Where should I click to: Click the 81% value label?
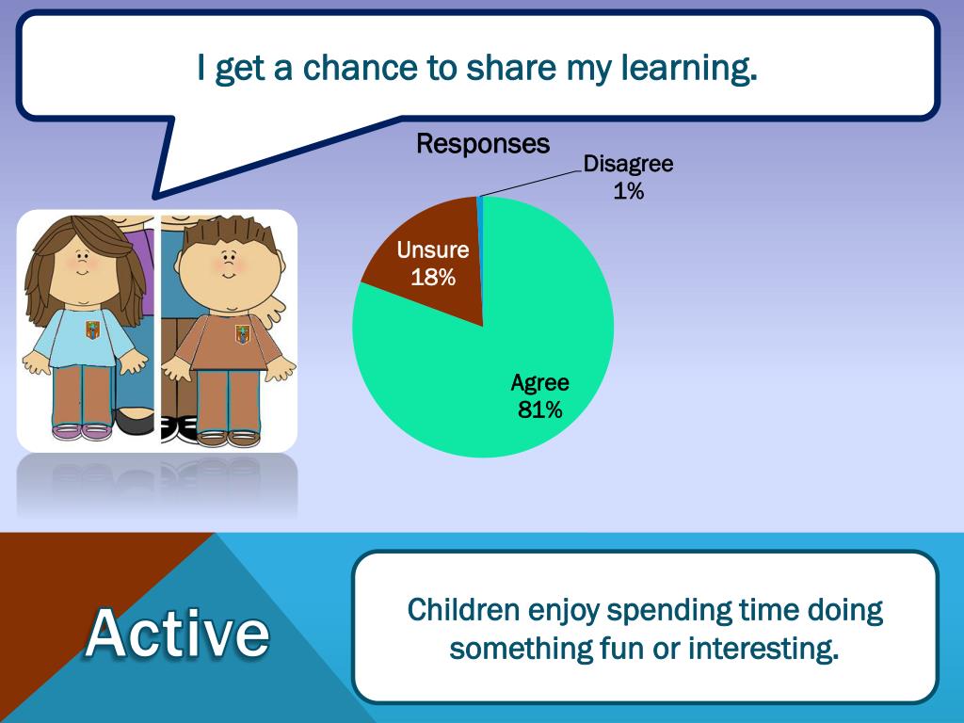pos(539,410)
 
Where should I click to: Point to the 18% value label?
pos(433,278)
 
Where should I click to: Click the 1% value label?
pos(628,191)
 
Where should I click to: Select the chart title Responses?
pos(483,144)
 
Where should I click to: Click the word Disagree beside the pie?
pos(628,164)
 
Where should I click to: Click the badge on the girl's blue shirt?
pos(92,330)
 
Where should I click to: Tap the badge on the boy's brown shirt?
pos(243,334)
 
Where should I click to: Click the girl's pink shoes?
pos(82,431)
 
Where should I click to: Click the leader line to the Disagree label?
pos(531,184)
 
